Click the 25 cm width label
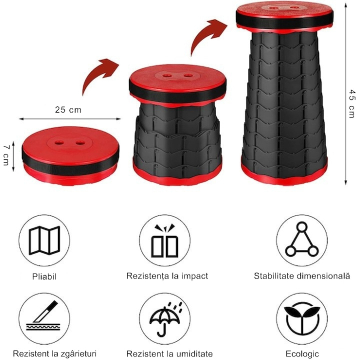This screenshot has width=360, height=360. (68, 110)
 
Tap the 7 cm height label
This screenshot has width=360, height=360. (6, 154)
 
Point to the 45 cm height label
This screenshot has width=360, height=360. (351, 103)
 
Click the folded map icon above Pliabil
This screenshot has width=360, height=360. (44, 240)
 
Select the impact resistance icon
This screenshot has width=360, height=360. (165, 240)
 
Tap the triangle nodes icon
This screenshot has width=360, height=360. (302, 240)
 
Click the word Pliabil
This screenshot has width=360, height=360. (44, 276)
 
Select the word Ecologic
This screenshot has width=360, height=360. (302, 354)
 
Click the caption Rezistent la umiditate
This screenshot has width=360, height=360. (170, 354)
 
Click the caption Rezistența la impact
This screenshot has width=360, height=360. (168, 276)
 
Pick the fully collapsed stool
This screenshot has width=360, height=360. (70, 157)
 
